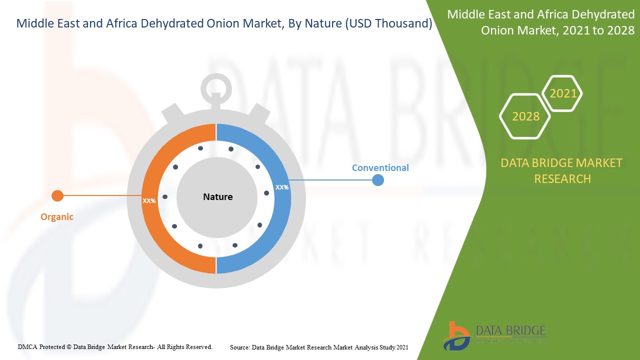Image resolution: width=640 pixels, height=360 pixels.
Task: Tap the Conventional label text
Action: click(x=380, y=168)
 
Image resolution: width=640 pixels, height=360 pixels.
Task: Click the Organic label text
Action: click(x=57, y=217)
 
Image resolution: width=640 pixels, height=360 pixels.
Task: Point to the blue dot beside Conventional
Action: click(x=378, y=180)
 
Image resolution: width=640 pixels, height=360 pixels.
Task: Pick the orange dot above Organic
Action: click(x=58, y=195)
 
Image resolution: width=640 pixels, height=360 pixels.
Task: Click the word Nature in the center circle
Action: click(x=217, y=197)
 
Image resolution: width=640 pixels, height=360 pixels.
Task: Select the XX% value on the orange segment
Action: click(x=149, y=200)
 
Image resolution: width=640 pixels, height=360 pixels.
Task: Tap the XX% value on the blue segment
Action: click(x=282, y=187)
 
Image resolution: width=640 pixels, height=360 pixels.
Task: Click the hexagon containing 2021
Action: click(x=563, y=93)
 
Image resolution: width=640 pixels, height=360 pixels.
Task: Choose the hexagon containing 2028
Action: click(x=525, y=116)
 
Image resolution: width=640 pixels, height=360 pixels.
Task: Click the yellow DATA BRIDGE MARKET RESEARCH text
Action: click(x=562, y=170)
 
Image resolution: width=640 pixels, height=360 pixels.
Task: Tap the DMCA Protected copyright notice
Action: click(x=115, y=346)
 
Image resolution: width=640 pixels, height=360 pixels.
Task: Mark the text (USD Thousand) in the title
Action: click(x=388, y=23)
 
